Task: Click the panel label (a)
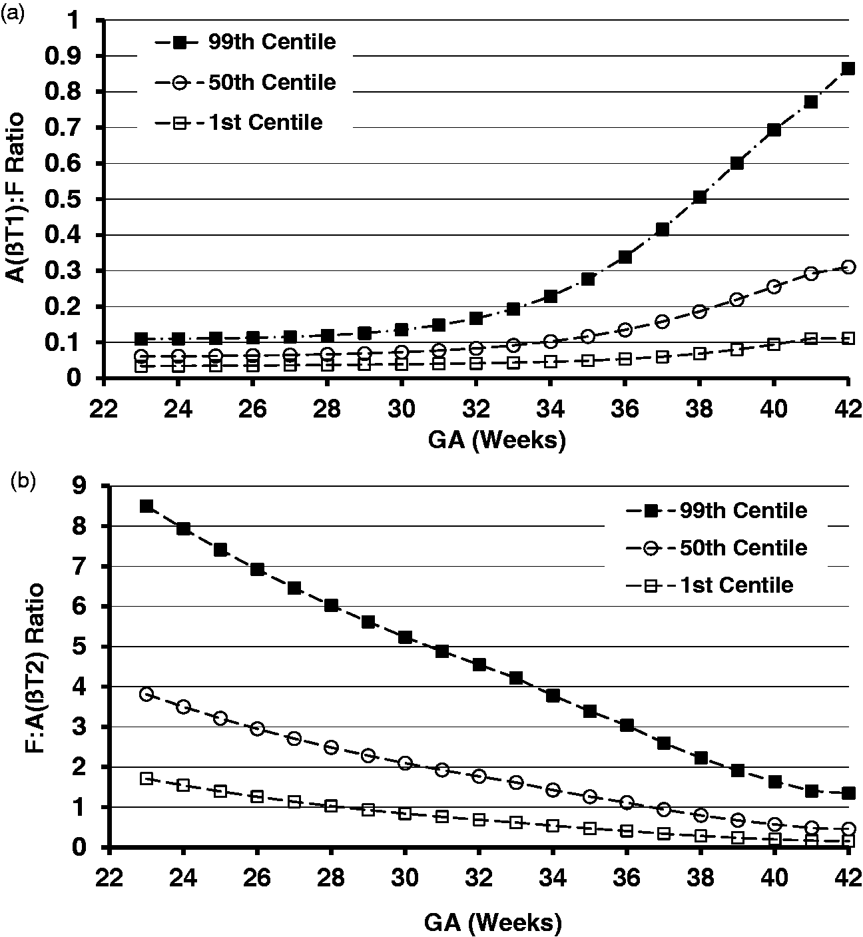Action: pyautogui.click(x=14, y=9)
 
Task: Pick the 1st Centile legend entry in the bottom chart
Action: pyautogui.click(x=709, y=585)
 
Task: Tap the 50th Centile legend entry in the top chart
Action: pyautogui.click(x=245, y=82)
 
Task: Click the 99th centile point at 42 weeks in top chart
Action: pyautogui.click(x=848, y=69)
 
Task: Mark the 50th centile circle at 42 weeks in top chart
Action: pyautogui.click(x=848, y=267)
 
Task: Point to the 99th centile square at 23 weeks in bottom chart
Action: pyautogui.click(x=146, y=506)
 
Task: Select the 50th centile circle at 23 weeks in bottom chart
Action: pyautogui.click(x=146, y=694)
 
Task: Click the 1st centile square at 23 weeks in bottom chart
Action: pyautogui.click(x=146, y=779)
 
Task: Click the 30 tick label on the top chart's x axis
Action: pyautogui.click(x=402, y=409)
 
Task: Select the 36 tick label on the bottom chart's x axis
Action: pyautogui.click(x=627, y=878)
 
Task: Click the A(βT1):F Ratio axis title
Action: pyautogui.click(x=15, y=198)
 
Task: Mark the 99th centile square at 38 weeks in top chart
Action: pyautogui.click(x=699, y=197)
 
